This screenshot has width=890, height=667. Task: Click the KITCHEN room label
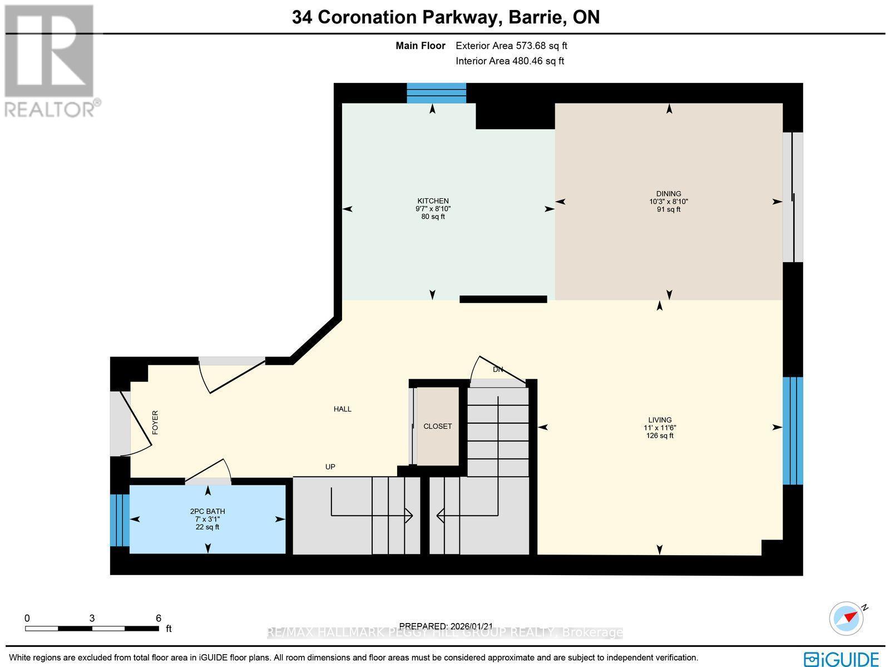coord(433,201)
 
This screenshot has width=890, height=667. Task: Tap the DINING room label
coord(669,194)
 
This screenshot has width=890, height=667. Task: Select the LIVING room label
coord(660,420)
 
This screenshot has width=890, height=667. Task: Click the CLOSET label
coord(438,426)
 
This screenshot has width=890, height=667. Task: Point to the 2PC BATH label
coord(207,511)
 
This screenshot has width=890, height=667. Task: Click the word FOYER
coord(155,422)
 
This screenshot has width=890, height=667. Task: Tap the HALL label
coord(343,409)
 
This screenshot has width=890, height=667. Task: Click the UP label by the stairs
coord(330,467)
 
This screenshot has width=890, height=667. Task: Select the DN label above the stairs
coord(498,370)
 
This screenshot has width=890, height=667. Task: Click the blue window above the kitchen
coord(436,93)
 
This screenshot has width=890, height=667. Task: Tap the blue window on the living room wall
coord(793,431)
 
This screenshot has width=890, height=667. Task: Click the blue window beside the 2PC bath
coord(119,521)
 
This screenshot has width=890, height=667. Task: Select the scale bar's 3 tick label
coord(92,618)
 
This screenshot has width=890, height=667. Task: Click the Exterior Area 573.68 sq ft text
coord(511,46)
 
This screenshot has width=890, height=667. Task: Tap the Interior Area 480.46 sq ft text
coord(510,61)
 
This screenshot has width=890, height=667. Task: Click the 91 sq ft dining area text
coord(669,210)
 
